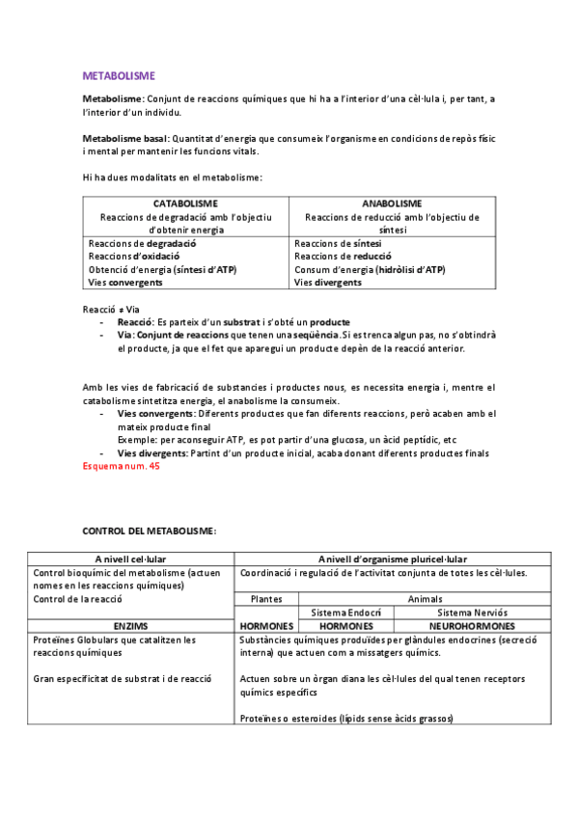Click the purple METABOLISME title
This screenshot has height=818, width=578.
[x=119, y=74]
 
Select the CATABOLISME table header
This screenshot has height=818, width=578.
[x=185, y=204]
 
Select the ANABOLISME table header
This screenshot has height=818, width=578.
[x=392, y=204]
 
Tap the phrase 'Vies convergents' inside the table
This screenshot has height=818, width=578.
[x=126, y=284]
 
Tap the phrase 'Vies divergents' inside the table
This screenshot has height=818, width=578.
[x=329, y=284]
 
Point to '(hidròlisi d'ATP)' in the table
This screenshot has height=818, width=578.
[x=410, y=270]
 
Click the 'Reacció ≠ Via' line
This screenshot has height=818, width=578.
[x=111, y=309]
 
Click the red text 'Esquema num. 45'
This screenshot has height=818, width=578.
[x=122, y=466]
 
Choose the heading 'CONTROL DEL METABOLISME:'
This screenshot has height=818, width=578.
[x=150, y=532]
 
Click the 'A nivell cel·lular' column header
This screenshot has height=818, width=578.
[x=129, y=559]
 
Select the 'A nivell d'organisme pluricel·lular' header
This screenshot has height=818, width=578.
[x=393, y=559]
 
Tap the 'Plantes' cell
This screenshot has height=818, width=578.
[x=266, y=599]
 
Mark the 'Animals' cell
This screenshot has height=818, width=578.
[x=425, y=599]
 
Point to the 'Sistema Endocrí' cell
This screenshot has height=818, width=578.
[x=345, y=613]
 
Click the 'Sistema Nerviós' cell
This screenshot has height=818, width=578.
[x=472, y=613]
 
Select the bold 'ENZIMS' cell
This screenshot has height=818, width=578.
[x=130, y=626]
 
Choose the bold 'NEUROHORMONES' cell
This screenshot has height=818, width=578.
[x=472, y=626]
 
